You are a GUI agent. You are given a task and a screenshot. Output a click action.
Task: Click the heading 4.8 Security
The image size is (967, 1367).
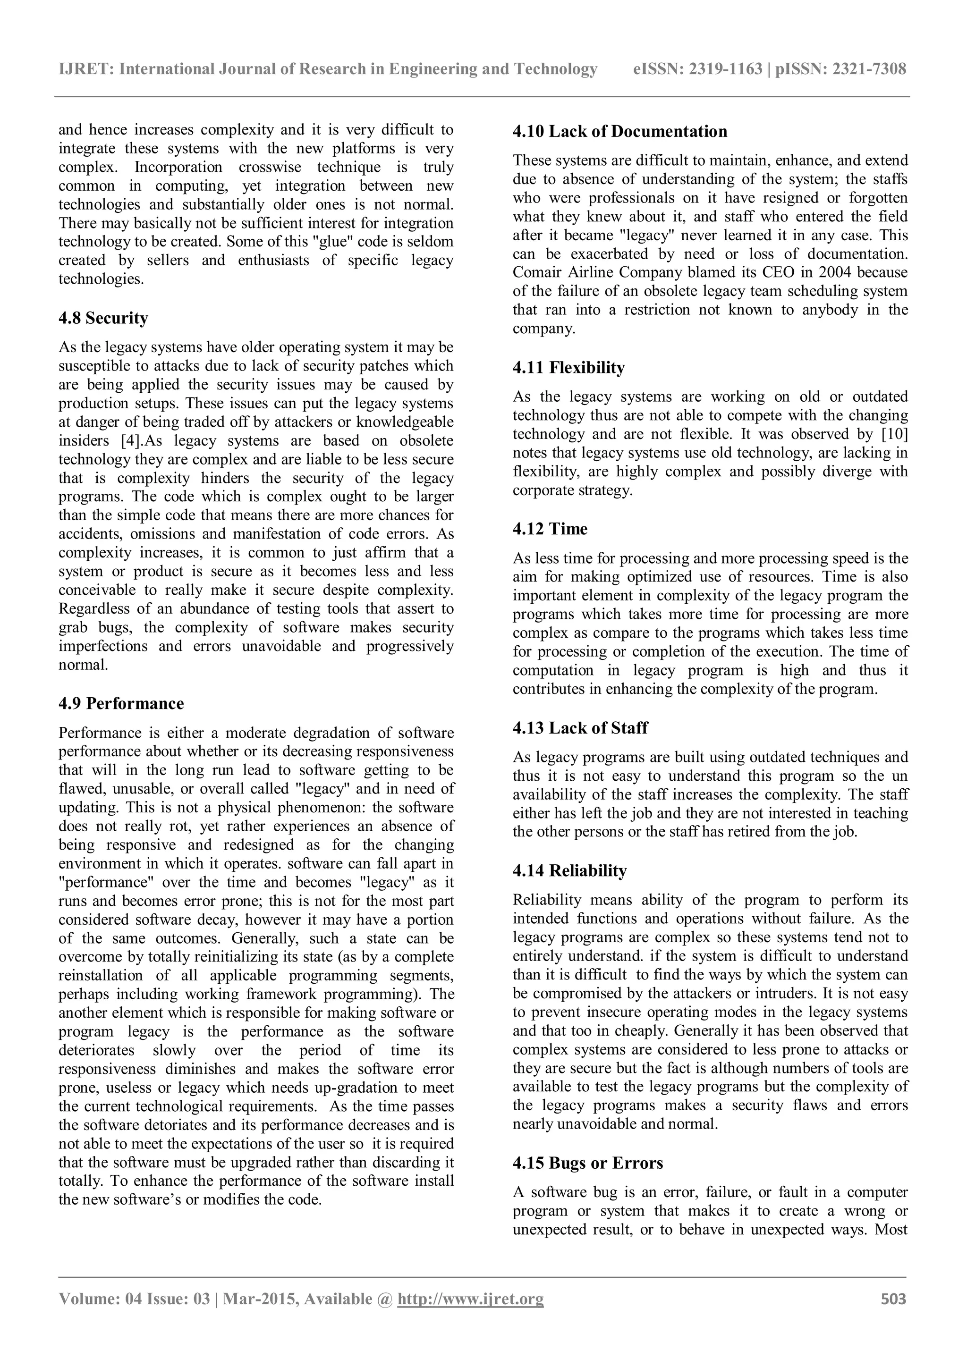point(103,319)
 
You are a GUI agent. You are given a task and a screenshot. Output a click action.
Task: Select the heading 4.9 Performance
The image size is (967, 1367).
point(121,704)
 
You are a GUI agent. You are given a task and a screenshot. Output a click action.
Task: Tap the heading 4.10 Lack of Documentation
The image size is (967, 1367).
point(620,132)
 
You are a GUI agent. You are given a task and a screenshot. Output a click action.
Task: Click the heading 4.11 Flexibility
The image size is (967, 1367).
point(568,368)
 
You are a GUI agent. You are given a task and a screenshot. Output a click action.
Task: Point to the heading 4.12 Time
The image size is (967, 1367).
point(550,529)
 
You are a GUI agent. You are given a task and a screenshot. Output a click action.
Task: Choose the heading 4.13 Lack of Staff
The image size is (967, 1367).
point(580,728)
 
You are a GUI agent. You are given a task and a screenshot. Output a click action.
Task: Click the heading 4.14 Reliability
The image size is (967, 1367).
point(569,871)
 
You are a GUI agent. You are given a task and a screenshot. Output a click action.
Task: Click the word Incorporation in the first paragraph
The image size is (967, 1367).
point(178,167)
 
